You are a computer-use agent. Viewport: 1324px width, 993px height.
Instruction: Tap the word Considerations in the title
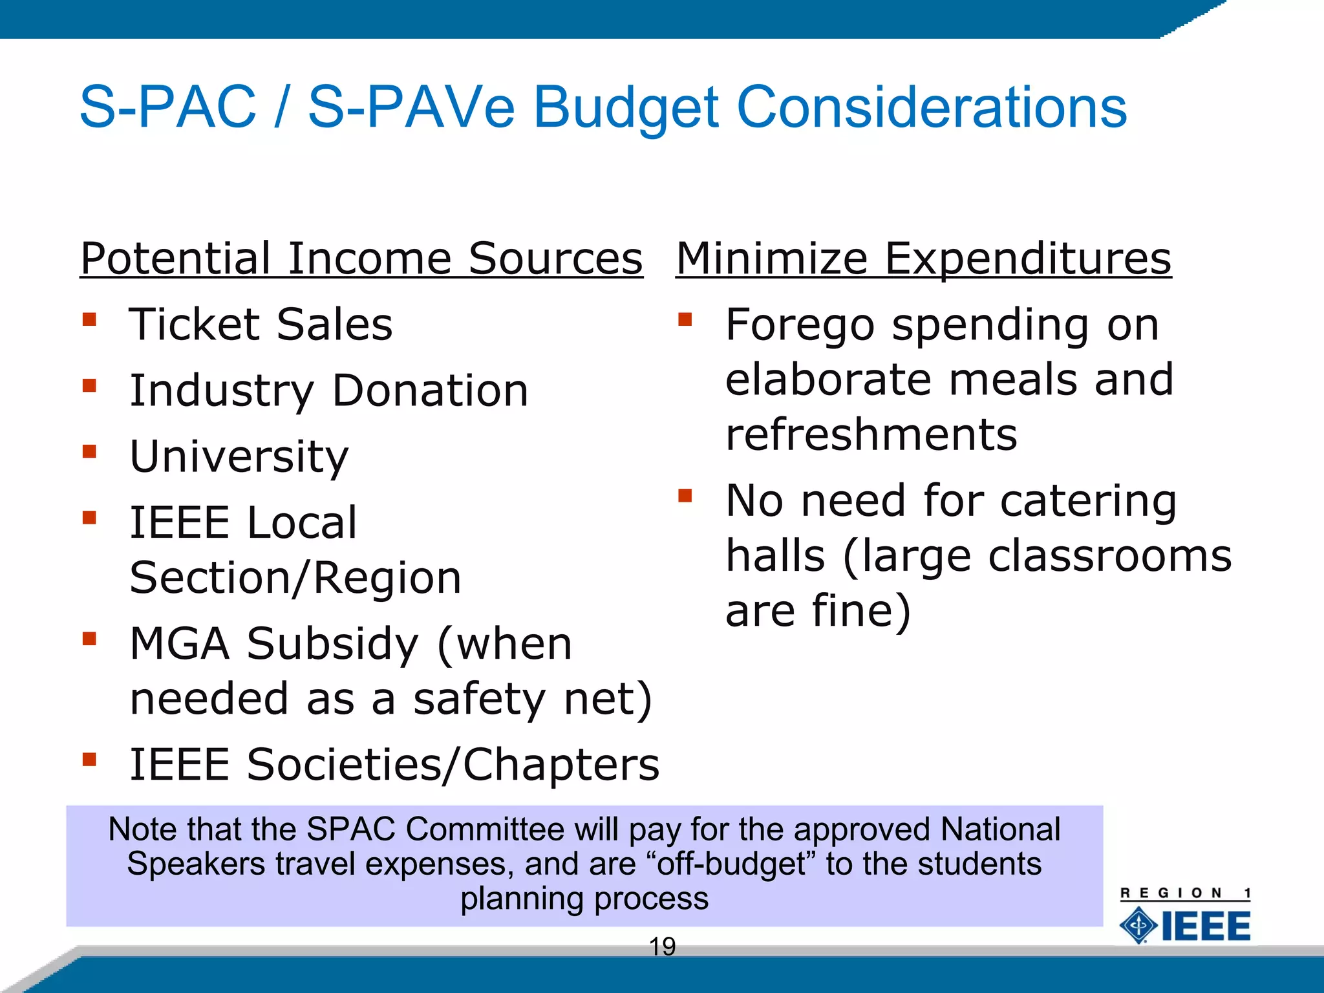pyautogui.click(x=932, y=107)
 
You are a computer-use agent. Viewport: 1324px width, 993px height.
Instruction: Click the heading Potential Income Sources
pyautogui.click(x=361, y=259)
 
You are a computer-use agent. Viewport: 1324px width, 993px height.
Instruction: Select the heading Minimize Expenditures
pyautogui.click(x=923, y=259)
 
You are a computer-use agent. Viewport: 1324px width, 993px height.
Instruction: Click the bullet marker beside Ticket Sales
pyautogui.click(x=89, y=319)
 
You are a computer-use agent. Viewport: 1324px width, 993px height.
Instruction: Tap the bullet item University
pyautogui.click(x=239, y=456)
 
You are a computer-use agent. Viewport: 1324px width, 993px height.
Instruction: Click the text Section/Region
pyautogui.click(x=295, y=577)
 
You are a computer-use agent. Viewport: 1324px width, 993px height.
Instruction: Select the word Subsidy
pyautogui.click(x=332, y=644)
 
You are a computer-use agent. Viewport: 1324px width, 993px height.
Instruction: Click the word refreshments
pyautogui.click(x=871, y=434)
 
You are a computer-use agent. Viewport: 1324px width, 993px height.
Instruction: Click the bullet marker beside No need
pyautogui.click(x=685, y=496)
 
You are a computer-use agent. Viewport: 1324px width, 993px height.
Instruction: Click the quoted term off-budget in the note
pyautogui.click(x=732, y=864)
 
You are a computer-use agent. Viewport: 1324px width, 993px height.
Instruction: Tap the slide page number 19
pyautogui.click(x=662, y=946)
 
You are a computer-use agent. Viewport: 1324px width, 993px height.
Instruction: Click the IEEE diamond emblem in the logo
pyautogui.click(x=1138, y=926)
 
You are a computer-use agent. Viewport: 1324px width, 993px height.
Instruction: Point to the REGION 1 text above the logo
pyautogui.click(x=1185, y=893)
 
